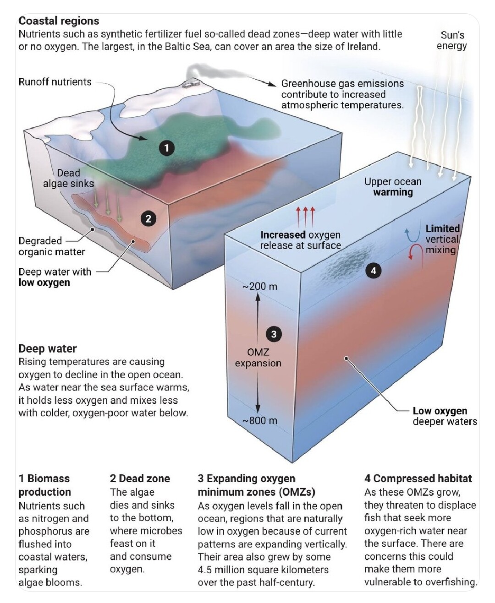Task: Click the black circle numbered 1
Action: tap(167, 148)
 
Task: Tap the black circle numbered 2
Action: tap(148, 219)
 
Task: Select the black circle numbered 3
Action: tap(274, 334)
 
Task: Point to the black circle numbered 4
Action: tap(374, 270)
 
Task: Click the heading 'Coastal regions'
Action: tap(59, 21)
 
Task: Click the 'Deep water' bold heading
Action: tap(48, 348)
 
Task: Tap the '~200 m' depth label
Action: tap(260, 286)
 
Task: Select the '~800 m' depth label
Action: tap(260, 421)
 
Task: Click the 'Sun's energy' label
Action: tap(452, 40)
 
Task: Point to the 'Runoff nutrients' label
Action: tap(55, 82)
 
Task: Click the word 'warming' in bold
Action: tap(393, 192)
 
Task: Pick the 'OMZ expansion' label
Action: tap(258, 358)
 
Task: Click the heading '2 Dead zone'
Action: tap(140, 478)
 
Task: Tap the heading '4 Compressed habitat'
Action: tap(418, 478)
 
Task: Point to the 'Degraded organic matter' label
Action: tap(51, 246)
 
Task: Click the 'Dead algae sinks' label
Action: tap(68, 178)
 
